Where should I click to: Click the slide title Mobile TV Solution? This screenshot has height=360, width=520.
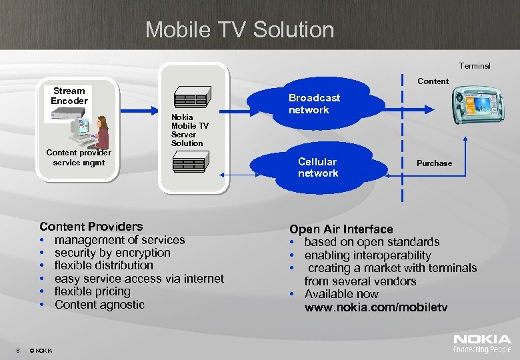click(x=239, y=29)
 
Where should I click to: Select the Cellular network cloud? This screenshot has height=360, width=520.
click(x=318, y=167)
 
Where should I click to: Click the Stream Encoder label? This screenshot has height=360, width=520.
click(x=69, y=96)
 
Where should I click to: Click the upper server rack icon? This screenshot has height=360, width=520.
click(x=192, y=97)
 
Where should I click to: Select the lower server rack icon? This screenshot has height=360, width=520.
click(x=191, y=163)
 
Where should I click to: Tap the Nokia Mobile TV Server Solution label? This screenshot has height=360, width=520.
click(x=189, y=130)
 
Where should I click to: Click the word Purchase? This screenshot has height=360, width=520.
click(x=434, y=163)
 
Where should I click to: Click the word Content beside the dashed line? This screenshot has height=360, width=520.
click(x=433, y=81)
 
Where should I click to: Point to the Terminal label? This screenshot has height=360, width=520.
click(x=474, y=66)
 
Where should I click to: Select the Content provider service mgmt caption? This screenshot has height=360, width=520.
click(x=79, y=157)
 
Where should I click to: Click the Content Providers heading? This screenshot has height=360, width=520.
click(x=91, y=227)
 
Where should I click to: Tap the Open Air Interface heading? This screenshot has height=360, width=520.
click(x=341, y=229)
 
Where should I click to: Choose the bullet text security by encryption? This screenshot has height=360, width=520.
click(x=112, y=253)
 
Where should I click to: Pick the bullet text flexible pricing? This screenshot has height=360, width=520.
click(x=92, y=291)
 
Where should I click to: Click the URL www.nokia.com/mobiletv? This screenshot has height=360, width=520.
click(x=376, y=307)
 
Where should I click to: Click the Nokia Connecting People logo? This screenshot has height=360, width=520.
click(x=482, y=343)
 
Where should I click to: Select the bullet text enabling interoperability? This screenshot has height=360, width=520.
click(x=367, y=255)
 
